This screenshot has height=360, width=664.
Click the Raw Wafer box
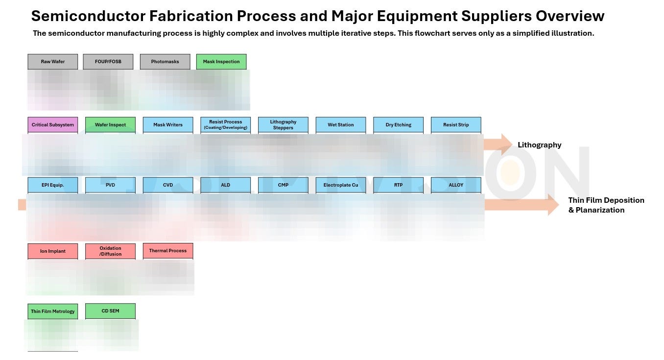(53, 62)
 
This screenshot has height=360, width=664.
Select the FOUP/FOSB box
(108, 62)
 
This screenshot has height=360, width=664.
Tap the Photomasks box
(165, 62)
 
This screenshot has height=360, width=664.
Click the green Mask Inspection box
(221, 62)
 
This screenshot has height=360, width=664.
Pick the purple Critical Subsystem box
(53, 125)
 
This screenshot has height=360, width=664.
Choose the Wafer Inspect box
(110, 125)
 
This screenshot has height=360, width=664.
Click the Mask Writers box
(168, 125)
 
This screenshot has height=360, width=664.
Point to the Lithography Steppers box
(283, 125)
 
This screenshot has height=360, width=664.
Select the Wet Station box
(341, 125)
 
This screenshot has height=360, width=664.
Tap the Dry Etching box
(398, 125)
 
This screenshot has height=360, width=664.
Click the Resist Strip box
(456, 125)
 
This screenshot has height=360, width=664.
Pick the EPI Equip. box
(53, 185)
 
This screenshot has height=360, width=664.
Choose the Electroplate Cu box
(341, 185)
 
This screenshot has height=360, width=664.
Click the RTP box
(398, 185)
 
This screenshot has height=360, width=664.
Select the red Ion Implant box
(53, 251)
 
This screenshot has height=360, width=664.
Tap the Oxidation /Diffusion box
(110, 251)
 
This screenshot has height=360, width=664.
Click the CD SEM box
(110, 311)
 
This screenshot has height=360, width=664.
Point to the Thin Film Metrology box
(53, 312)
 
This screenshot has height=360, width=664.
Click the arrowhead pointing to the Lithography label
(504, 144)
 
